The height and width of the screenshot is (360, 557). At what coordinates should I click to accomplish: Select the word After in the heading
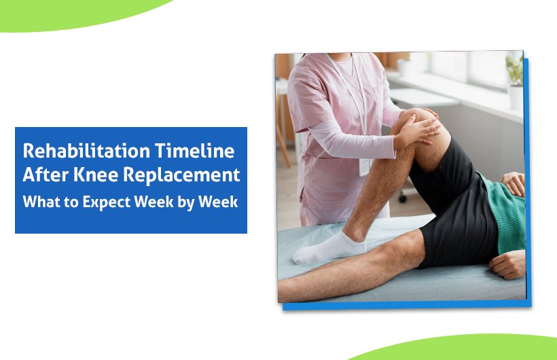pyautogui.click(x=42, y=175)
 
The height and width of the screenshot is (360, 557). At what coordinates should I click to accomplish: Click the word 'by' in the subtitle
pyautogui.click(x=184, y=202)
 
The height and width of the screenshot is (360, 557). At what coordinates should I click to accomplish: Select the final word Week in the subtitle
pyautogui.click(x=217, y=202)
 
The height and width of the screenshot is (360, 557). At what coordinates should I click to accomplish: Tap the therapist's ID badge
pyautogui.click(x=365, y=167)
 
